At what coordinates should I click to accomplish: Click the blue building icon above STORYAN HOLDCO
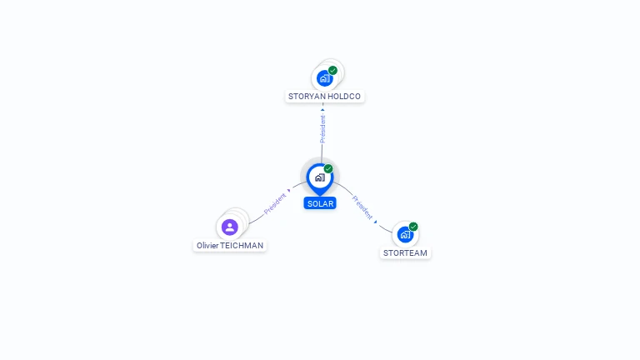(x=324, y=78)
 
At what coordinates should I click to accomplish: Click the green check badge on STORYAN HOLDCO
(x=332, y=71)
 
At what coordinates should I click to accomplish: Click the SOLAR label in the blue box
(x=320, y=203)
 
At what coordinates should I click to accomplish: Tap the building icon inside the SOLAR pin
(x=320, y=177)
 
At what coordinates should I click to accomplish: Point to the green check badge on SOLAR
(x=328, y=169)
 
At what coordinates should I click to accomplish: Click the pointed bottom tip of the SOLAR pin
(x=320, y=196)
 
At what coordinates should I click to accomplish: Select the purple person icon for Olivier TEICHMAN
(x=230, y=227)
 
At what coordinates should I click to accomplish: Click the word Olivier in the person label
(x=207, y=245)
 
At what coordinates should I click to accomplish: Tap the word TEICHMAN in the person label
(x=242, y=245)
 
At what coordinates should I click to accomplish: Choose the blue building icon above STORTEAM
(x=405, y=235)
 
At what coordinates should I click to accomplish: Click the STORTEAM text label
(x=405, y=253)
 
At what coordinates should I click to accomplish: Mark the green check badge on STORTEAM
(x=413, y=227)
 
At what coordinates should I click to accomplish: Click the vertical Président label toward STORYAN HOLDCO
(x=322, y=129)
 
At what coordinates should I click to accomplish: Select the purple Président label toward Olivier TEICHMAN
(x=275, y=203)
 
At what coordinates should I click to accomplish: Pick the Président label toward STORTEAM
(x=362, y=207)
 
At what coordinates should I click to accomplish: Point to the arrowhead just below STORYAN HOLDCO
(x=322, y=110)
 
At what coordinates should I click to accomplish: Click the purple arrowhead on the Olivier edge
(x=289, y=191)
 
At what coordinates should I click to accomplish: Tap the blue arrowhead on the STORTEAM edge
(x=376, y=222)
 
